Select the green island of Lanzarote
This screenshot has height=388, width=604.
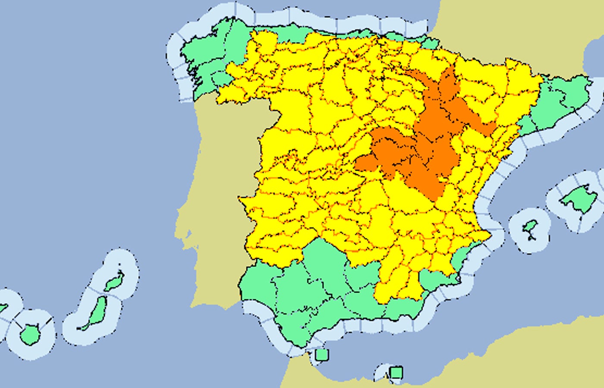tap(114, 282)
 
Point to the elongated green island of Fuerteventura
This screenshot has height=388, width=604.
tap(96, 312)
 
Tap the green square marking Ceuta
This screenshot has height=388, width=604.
tap(321, 355)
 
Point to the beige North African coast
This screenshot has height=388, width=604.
tap(518, 358)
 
